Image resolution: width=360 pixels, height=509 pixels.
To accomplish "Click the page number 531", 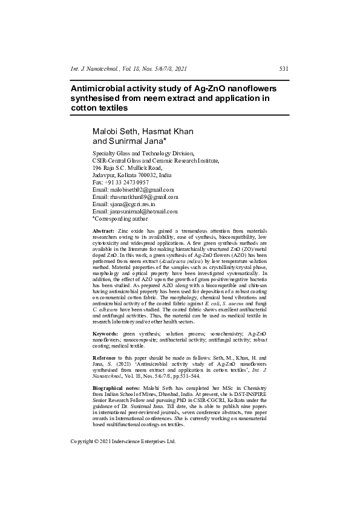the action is pos(283,69).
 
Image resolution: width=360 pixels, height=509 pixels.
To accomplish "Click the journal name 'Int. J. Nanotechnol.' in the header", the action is pos(96,69).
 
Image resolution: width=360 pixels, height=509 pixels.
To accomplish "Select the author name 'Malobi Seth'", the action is pos(110,131).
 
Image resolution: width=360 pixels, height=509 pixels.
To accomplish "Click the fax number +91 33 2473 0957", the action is pos(127,182).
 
